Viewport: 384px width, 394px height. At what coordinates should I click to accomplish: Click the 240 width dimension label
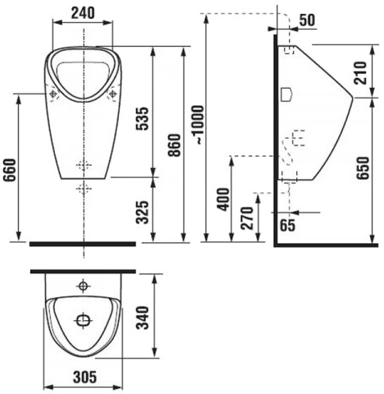(83, 13)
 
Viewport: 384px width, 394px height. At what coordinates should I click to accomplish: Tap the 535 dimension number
(143, 118)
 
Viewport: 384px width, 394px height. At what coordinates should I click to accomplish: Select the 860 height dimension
(175, 145)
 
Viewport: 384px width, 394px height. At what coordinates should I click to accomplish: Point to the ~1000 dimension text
(198, 125)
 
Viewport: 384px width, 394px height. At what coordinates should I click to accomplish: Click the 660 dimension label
(10, 170)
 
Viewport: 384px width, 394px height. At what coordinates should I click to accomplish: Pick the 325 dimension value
(143, 213)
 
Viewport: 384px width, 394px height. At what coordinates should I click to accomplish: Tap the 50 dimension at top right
(307, 20)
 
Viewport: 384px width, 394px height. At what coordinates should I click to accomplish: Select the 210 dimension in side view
(360, 73)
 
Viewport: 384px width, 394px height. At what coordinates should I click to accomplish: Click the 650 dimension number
(363, 167)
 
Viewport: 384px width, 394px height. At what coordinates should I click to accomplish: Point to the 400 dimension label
(223, 199)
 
